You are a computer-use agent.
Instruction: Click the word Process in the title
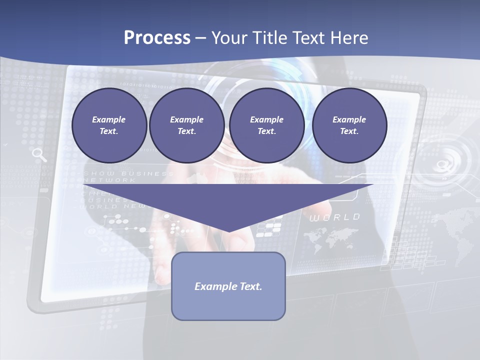[x=157, y=38]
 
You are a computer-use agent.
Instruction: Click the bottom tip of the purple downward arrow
[x=228, y=230]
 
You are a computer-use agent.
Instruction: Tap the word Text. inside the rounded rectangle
[x=250, y=286]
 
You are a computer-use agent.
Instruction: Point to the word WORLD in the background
[x=334, y=217]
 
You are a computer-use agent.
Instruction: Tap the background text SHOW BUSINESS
[x=128, y=173]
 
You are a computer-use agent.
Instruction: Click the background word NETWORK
[x=107, y=180]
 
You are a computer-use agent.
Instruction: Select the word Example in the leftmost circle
[x=109, y=119]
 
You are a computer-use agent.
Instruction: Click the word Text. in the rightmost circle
[x=349, y=131]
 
